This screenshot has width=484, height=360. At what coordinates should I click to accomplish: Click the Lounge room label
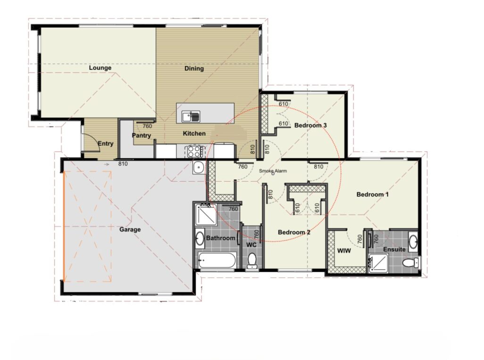100,68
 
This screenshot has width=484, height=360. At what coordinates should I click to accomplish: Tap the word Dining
194,68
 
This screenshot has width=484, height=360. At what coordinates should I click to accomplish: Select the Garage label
130,230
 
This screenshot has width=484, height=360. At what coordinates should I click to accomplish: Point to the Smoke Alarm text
272,172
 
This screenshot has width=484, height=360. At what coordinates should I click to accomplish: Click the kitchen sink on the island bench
192,115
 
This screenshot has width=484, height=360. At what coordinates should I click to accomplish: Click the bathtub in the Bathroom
217,260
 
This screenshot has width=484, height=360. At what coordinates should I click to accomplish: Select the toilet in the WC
252,260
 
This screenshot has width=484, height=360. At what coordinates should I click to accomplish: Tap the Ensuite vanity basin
413,242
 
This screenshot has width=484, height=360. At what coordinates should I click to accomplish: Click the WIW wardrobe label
344,251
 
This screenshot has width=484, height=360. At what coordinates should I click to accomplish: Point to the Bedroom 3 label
310,126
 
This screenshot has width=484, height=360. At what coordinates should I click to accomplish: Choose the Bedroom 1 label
373,194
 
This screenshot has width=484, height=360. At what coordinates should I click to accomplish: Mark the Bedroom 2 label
294,232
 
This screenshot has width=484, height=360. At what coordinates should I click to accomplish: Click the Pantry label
142,136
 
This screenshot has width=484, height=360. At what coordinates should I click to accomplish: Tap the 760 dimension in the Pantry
147,126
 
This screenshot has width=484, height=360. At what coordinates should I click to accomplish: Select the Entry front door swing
90,142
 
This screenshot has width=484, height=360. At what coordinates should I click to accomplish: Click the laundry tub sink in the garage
199,167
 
